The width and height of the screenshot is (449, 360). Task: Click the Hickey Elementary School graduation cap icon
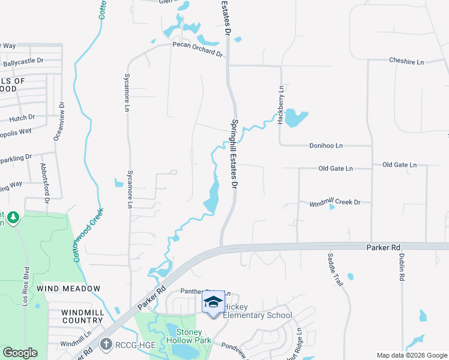213,302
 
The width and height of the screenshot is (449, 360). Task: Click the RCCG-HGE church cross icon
106,344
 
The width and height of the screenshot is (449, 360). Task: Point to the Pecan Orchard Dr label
197,49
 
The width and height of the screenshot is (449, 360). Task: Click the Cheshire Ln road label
406,61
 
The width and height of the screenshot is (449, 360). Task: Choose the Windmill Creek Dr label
335,203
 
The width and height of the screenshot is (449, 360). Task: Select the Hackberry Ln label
280,104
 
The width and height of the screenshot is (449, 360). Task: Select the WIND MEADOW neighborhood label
68,289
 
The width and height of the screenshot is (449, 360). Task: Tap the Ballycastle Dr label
24,61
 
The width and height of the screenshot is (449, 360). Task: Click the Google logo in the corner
20,353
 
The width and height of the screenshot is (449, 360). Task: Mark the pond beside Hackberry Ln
295,117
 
